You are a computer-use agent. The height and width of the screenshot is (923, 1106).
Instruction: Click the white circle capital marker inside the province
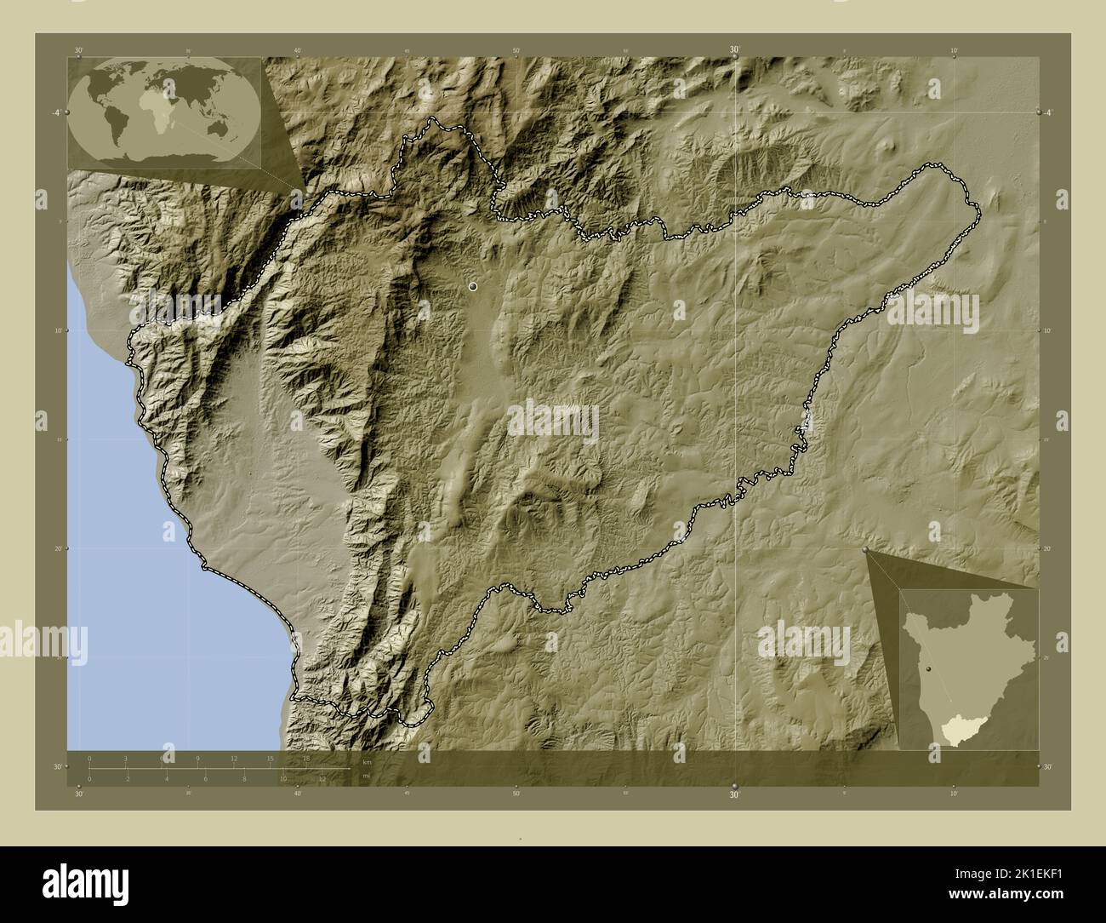pyautogui.click(x=473, y=288)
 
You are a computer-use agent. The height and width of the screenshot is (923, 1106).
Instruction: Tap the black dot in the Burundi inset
pyautogui.click(x=930, y=670)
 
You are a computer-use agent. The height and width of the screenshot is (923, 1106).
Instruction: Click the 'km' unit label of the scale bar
pyautogui.click(x=367, y=761)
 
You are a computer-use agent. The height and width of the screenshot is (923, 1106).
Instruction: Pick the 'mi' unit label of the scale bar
pyautogui.click(x=367, y=776)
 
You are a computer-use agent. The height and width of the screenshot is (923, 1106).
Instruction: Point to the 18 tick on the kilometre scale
pyautogui.click(x=307, y=758)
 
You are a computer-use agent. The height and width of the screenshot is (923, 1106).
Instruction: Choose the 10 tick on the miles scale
pyautogui.click(x=282, y=778)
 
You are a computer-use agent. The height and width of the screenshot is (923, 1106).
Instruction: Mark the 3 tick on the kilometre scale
pyautogui.click(x=126, y=758)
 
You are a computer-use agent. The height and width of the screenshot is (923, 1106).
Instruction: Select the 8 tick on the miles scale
pyautogui.click(x=244, y=778)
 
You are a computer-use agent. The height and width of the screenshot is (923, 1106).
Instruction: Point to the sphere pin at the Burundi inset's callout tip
pyautogui.click(x=866, y=551)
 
